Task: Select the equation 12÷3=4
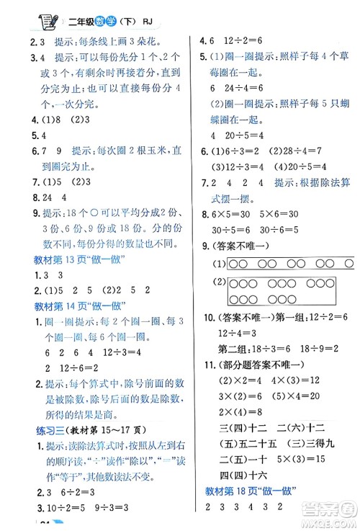(235, 332)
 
